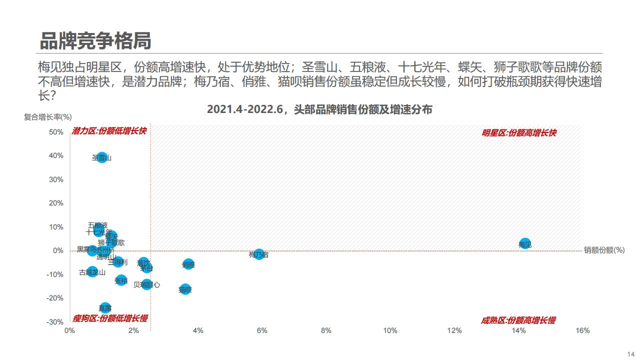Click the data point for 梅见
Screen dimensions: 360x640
tap(525, 243)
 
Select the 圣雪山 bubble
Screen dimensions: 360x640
tap(102, 157)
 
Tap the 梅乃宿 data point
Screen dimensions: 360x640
tap(259, 254)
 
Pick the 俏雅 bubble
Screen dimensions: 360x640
tap(188, 264)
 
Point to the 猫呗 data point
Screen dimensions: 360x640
tap(185, 288)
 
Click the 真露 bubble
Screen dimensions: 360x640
tap(105, 307)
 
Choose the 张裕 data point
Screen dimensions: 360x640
tap(121, 280)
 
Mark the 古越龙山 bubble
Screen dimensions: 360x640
tap(92, 272)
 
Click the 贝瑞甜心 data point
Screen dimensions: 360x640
tap(146, 284)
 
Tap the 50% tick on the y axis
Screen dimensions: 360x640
tap(56, 132)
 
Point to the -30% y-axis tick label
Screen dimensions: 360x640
tap(55, 321)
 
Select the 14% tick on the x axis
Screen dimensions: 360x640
tap(518, 330)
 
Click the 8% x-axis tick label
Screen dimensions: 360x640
tap(326, 330)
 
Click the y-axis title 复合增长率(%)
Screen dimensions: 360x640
tap(48, 117)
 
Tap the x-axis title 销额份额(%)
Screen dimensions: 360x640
tap(604, 250)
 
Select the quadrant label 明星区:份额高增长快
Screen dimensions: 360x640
tap(519, 133)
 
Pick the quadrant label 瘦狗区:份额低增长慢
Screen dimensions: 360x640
tap(110, 318)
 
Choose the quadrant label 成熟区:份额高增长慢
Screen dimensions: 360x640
tap(518, 320)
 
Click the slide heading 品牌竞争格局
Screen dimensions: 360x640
tap(95, 41)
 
